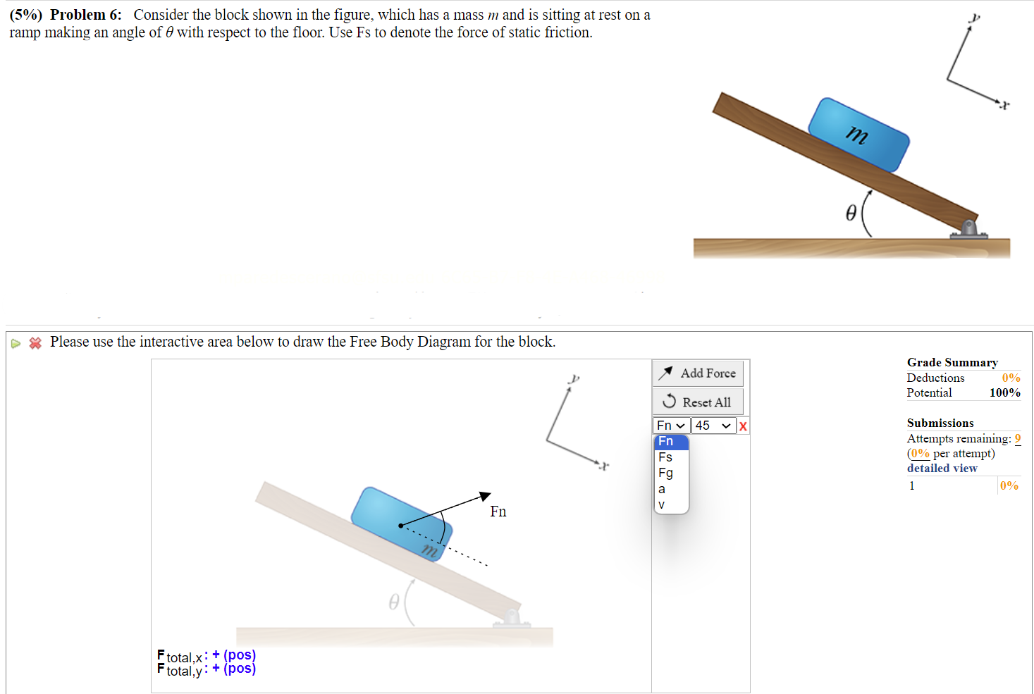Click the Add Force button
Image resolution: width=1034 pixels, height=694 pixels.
coord(697,373)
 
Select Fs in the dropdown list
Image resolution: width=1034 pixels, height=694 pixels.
coord(665,457)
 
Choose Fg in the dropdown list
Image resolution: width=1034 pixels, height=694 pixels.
coord(665,473)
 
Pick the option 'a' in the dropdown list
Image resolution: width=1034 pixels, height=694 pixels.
coord(662,489)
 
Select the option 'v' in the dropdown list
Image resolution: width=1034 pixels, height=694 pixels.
coord(661,504)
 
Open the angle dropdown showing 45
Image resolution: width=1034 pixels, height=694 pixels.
coord(713,426)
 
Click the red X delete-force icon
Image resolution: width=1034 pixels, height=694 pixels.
coord(743,426)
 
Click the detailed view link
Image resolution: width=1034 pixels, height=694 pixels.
coord(942,468)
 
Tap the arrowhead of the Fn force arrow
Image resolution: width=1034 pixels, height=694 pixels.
coord(486,496)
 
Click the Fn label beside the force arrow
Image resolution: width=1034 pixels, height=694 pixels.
coord(498,512)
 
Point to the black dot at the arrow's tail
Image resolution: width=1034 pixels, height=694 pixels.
coord(400,526)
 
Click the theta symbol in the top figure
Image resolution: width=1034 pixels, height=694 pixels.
coord(851,212)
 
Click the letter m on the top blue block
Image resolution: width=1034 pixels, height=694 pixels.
coord(857,134)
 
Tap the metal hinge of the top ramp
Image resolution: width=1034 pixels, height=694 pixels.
coord(969,229)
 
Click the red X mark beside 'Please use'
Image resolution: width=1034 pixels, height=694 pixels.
coord(35,343)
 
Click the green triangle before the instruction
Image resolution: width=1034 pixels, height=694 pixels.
coord(16,344)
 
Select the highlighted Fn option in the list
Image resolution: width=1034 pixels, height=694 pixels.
coord(666,442)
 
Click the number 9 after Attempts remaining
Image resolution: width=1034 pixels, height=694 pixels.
coord(1017,438)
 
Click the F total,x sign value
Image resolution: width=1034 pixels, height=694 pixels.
coord(234,655)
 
